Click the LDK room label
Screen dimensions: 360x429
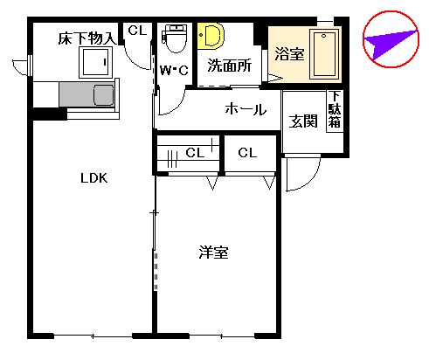tap(93, 178)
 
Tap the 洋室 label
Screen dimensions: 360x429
tap(213, 253)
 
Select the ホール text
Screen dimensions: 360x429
tap(246, 109)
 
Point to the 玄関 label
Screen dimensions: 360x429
tap(303, 121)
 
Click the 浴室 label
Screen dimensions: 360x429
tap(288, 54)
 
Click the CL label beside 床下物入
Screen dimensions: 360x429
tap(137, 31)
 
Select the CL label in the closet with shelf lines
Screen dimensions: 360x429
tap(196, 153)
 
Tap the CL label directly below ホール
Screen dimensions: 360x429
tap(247, 153)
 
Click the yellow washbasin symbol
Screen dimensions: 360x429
tap(211, 36)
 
